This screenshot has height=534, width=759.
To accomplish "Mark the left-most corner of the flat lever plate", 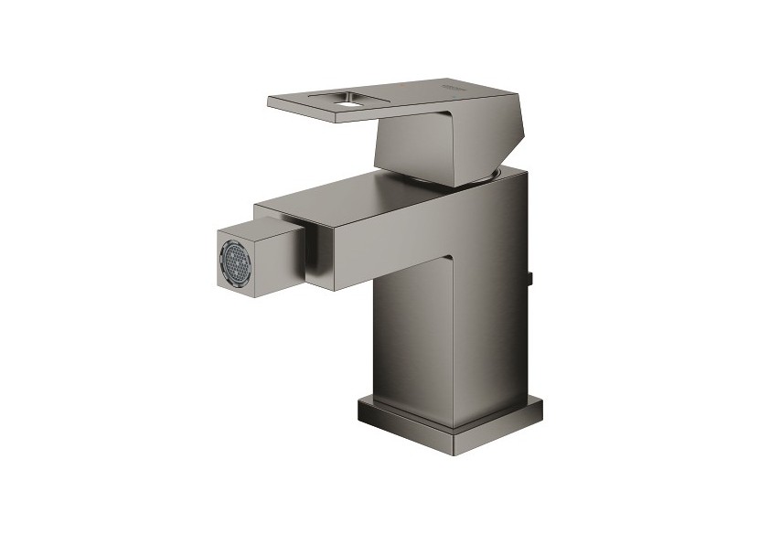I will click(270, 99).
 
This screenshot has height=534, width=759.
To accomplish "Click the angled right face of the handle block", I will click(471, 137).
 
